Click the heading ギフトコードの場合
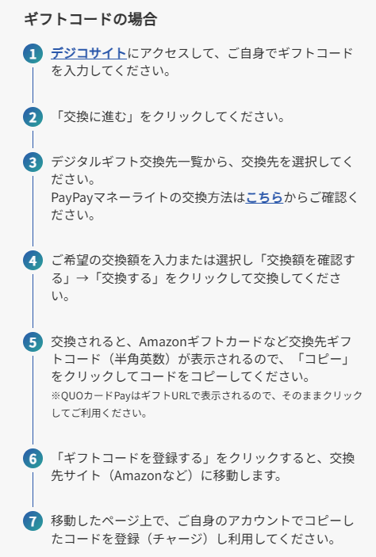click(x=90, y=19)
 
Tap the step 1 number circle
click(x=33, y=54)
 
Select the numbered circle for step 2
click(x=33, y=117)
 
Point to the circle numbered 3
click(x=33, y=162)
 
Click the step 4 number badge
click(x=33, y=261)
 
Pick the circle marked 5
click(x=33, y=341)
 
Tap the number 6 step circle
click(x=33, y=458)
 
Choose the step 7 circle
click(x=33, y=521)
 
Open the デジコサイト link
click(x=89, y=53)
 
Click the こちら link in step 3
click(x=264, y=197)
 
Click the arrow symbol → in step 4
click(x=82, y=278)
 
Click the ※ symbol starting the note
click(x=56, y=395)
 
